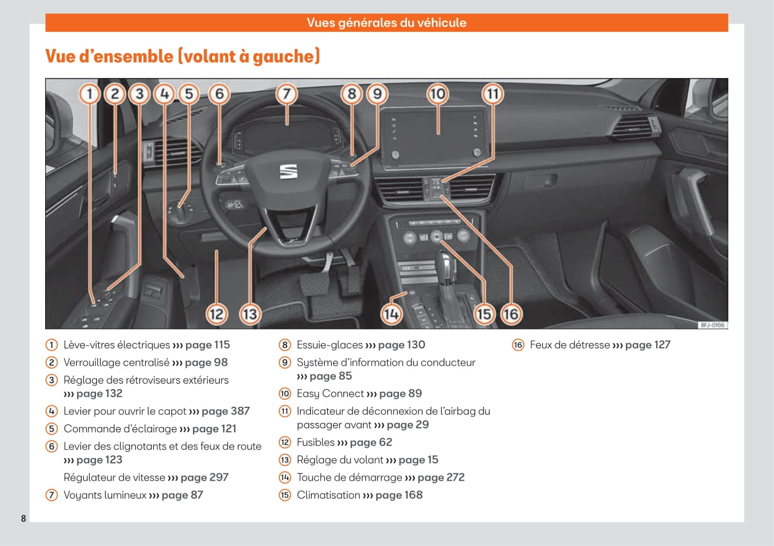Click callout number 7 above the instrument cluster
coord(286,94)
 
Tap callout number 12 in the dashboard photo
coord(216,314)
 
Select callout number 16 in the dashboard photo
coord(510,314)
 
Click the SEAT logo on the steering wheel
coord(288,172)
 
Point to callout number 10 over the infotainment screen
coord(438,94)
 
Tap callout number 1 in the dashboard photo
coord(89,94)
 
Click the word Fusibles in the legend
coord(316,442)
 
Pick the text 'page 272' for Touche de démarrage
coord(440,477)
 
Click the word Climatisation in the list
coord(328,495)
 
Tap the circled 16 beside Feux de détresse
coord(518,345)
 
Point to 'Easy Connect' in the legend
coord(330,393)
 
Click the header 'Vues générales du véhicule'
coord(386,23)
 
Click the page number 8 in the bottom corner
coord(24,518)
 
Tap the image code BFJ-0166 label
coord(712,325)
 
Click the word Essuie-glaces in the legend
coord(329,345)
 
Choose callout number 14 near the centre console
coord(391,314)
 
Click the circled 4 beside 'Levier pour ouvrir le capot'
coord(52,411)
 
